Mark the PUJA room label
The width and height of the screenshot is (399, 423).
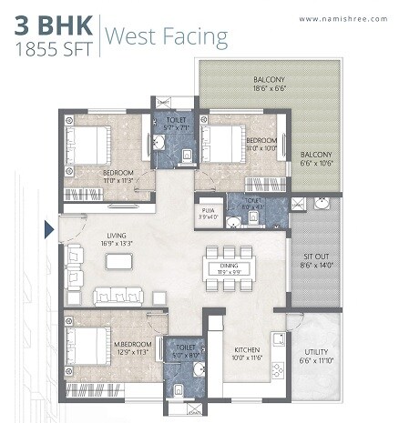click(208, 213)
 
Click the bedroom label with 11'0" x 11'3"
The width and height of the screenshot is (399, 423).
click(119, 176)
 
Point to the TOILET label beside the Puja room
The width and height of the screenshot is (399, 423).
click(252, 203)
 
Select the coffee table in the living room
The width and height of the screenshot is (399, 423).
click(118, 261)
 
